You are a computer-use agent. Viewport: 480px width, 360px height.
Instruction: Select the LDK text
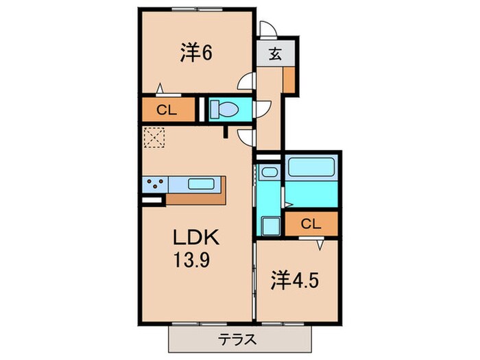(195, 240)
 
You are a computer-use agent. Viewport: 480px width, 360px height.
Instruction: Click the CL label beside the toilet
(165, 109)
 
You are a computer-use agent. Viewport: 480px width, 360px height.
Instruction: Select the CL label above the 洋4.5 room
(311, 223)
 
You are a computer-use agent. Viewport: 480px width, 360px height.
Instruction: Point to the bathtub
(311, 169)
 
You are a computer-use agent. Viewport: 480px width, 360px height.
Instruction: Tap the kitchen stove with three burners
(155, 184)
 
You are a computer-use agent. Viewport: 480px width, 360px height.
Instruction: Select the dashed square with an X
(154, 137)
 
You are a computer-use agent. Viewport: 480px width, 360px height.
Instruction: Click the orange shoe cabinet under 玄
(289, 80)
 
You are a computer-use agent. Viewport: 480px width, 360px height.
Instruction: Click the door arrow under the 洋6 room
(160, 88)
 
